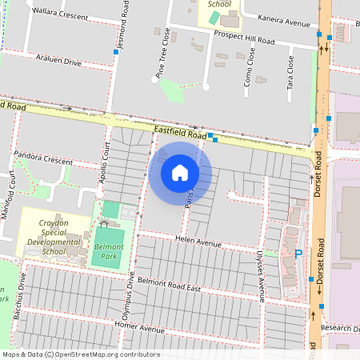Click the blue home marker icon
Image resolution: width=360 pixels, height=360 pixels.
pyautogui.click(x=180, y=173)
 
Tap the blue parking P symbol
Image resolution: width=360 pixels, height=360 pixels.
pyautogui.click(x=298, y=254)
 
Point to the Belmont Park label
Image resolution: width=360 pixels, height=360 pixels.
pyautogui.click(x=108, y=254)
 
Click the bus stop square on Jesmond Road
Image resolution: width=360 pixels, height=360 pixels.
pyautogui.click(x=117, y=52)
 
